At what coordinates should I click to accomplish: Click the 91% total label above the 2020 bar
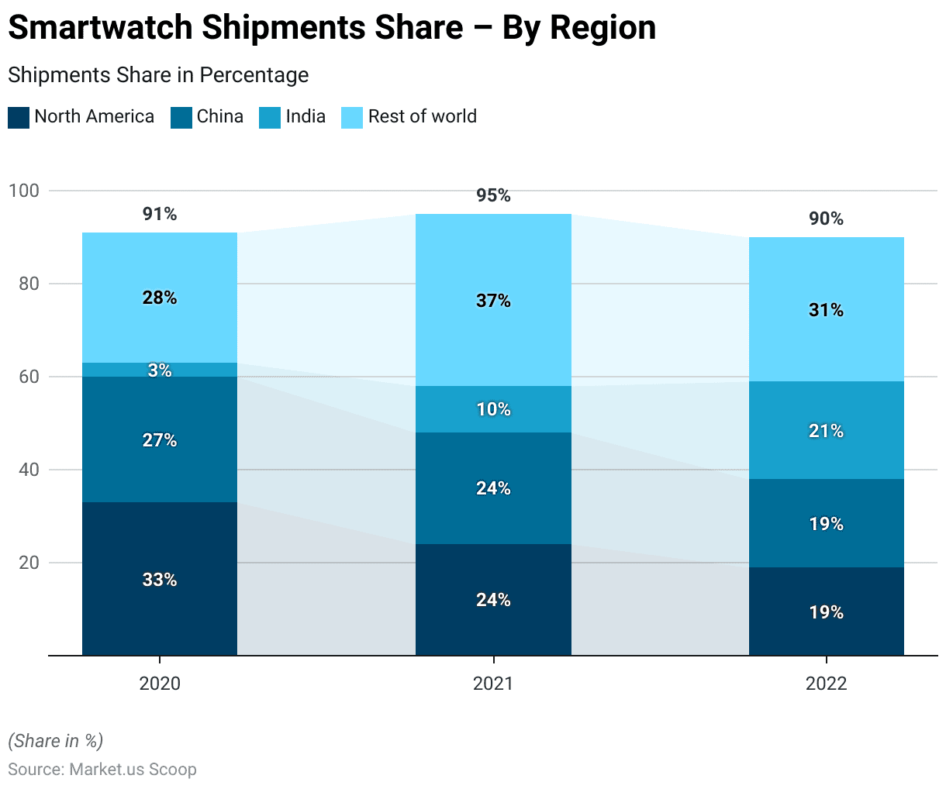click(x=160, y=214)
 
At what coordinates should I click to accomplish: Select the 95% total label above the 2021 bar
click(x=493, y=195)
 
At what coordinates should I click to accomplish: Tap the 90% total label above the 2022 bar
click(x=826, y=219)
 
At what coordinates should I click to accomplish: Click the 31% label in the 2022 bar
click(x=826, y=310)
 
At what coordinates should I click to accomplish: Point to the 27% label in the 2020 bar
click(x=160, y=440)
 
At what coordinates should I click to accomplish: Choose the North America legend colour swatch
click(x=19, y=118)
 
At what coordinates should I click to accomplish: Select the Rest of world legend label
click(x=422, y=116)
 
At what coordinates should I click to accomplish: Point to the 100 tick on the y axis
click(x=23, y=191)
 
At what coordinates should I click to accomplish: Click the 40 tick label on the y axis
click(x=29, y=470)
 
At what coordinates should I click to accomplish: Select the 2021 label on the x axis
click(x=493, y=684)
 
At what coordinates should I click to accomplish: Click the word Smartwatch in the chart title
click(x=99, y=28)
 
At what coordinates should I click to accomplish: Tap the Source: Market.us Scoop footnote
click(x=102, y=770)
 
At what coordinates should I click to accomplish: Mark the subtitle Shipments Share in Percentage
click(x=158, y=75)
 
